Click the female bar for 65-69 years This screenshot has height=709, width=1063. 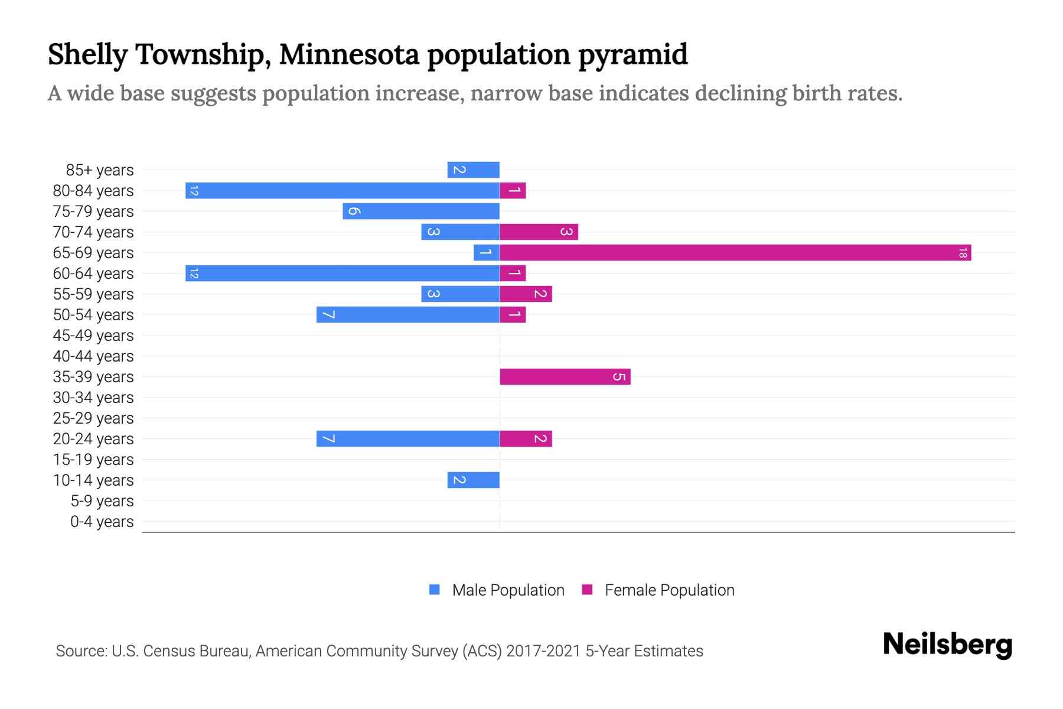(735, 253)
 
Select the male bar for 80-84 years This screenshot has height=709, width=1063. (343, 191)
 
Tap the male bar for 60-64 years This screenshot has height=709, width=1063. (343, 274)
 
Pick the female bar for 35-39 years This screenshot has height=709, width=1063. (565, 377)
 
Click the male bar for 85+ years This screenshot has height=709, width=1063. (474, 170)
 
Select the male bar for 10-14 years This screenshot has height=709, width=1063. (474, 480)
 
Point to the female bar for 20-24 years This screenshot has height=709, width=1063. (526, 439)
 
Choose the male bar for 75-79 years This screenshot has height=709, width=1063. (421, 212)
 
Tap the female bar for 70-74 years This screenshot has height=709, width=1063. (539, 232)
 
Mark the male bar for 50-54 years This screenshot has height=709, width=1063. (408, 315)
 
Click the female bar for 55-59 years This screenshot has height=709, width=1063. (526, 294)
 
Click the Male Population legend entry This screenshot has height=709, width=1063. (497, 590)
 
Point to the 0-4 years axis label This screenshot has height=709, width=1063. (102, 522)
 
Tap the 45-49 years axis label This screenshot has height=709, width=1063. (93, 336)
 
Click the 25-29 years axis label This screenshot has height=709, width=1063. (93, 418)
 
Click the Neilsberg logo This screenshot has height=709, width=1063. (947, 645)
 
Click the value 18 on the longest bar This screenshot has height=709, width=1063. (963, 253)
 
